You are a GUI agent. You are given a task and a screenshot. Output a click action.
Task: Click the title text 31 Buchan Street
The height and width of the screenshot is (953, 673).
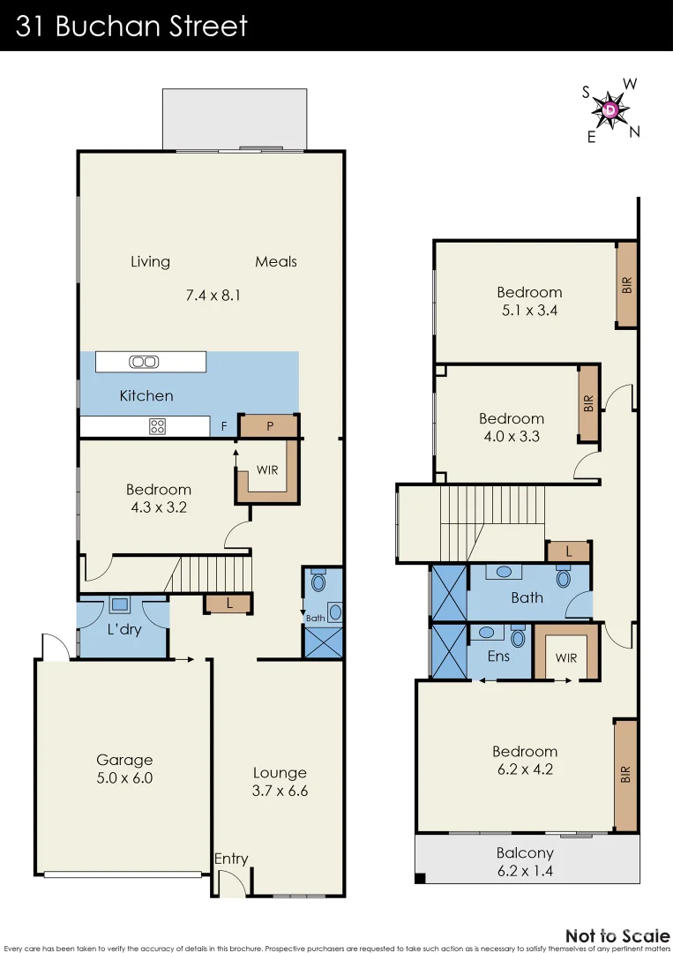point(132,26)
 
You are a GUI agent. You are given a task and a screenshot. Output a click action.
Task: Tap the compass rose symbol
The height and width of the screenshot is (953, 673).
point(610,110)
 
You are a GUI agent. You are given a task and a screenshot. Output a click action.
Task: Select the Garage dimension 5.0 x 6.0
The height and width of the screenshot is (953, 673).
point(124,778)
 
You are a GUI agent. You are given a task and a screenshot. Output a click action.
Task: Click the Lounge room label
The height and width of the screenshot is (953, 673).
point(280,772)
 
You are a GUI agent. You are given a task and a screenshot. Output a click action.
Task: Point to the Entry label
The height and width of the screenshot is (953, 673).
point(231,859)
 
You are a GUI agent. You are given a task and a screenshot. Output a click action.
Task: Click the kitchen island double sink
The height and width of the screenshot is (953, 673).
point(143,361)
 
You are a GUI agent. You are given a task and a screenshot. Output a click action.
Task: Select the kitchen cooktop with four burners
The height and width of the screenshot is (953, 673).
point(157,427)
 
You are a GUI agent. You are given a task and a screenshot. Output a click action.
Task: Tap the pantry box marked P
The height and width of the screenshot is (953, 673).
point(269,426)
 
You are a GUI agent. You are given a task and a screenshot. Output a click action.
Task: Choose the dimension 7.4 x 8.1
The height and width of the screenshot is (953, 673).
point(213,296)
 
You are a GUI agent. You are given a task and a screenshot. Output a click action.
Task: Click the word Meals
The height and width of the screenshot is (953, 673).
point(276,261)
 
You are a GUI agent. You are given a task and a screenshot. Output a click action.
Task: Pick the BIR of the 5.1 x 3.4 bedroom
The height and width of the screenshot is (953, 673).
point(626,285)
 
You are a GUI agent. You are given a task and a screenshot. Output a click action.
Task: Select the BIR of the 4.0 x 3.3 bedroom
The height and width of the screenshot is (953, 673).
point(588,404)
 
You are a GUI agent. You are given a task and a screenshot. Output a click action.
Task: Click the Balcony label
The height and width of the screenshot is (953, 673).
point(525,852)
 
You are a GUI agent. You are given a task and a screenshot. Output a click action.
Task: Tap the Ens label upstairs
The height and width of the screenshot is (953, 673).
point(498,657)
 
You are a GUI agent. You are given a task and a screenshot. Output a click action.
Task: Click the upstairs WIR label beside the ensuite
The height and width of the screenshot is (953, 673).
point(565,657)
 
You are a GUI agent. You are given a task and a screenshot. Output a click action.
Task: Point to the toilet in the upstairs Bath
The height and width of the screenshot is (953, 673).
point(563,578)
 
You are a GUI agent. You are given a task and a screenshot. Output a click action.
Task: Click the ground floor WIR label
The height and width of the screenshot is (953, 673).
point(267,469)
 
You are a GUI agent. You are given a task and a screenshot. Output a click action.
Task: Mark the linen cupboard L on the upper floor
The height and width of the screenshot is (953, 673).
point(569,552)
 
